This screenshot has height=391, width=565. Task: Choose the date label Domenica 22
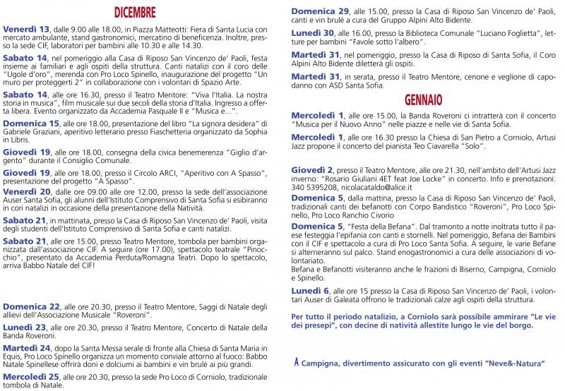click(30, 307)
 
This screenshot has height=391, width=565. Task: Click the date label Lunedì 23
click(23, 327)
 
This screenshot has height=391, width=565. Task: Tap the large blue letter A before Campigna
click(297, 362)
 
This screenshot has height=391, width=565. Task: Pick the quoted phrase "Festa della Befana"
click(377, 225)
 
